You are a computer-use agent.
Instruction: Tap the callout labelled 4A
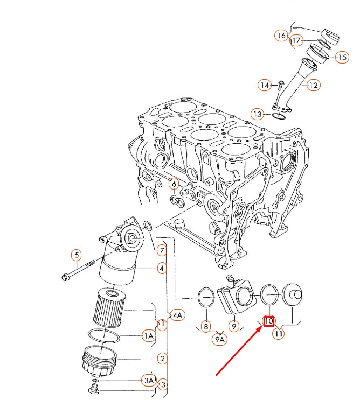tap(178, 315)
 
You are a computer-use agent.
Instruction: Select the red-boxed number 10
tap(269, 321)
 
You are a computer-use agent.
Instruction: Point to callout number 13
tap(258, 114)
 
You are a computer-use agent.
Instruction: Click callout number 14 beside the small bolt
tap(264, 85)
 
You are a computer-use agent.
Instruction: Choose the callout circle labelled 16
tap(281, 36)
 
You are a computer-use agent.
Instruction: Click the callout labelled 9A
tap(220, 339)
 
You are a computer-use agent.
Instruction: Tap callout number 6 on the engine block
tap(173, 184)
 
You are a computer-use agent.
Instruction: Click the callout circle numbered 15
tap(342, 57)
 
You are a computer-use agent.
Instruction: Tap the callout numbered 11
tap(279, 334)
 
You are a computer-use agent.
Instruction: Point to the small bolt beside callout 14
tap(281, 85)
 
